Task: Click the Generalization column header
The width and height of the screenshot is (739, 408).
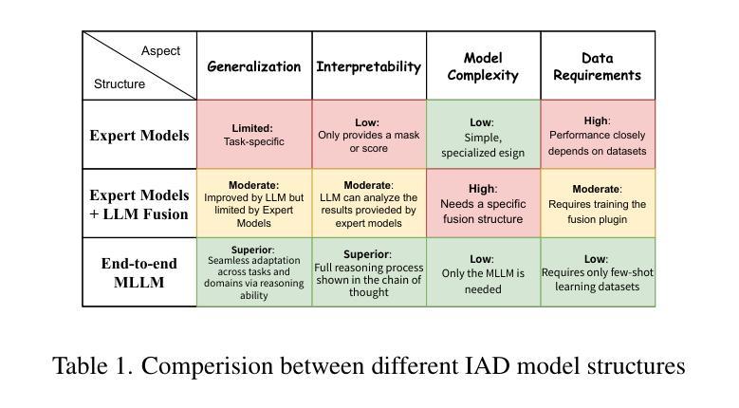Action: [254, 66]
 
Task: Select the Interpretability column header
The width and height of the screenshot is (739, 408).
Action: [369, 67]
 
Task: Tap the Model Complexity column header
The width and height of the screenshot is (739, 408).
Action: [483, 66]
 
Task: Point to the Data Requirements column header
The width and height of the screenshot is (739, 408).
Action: [597, 66]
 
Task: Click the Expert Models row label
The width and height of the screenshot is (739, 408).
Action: [139, 136]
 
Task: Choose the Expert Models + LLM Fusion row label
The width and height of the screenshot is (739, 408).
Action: [139, 204]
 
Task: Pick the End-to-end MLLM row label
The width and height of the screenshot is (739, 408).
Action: [139, 272]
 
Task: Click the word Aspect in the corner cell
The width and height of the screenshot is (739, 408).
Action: [160, 51]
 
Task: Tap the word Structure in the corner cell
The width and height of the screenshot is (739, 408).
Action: [120, 83]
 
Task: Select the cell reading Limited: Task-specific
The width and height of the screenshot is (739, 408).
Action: [254, 135]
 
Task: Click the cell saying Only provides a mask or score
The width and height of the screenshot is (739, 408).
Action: [369, 135]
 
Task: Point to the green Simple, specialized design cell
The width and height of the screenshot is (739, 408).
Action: [483, 135]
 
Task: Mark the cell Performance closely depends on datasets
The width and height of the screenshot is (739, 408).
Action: [598, 135]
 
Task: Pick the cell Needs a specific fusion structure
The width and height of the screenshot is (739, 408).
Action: [483, 203]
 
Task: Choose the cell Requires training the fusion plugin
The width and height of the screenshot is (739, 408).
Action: [598, 203]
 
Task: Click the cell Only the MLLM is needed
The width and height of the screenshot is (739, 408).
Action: [483, 272]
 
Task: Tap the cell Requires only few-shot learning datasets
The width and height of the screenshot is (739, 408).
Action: [598, 272]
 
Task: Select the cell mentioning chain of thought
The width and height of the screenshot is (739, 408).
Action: [369, 272]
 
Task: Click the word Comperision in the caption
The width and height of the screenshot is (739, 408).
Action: [208, 366]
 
